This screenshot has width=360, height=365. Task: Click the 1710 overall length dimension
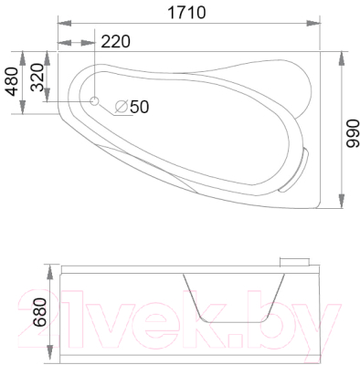coord(186,13)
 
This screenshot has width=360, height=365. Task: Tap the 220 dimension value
coord(115,41)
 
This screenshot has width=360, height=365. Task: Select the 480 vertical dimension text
coord(13,81)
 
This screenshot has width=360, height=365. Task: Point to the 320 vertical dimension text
coord(37,78)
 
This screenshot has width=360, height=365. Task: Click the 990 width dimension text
coord(353,133)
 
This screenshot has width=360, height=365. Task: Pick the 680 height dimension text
coord(40,312)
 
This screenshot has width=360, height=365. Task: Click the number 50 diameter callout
coord(140,107)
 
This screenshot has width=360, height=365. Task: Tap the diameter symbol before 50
coord(121,107)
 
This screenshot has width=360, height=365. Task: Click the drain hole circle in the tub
coord(94,101)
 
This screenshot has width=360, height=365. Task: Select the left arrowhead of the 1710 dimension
coord(64,24)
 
